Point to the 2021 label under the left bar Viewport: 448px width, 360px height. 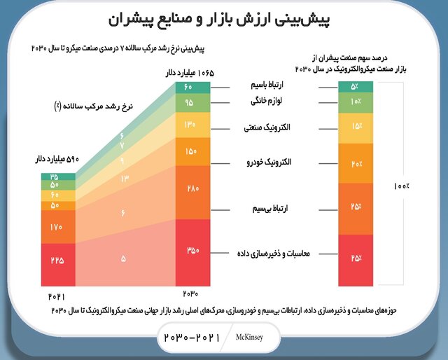pyautogui.click(x=57, y=298)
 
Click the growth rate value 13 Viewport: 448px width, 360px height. pyautogui.click(x=123, y=179)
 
